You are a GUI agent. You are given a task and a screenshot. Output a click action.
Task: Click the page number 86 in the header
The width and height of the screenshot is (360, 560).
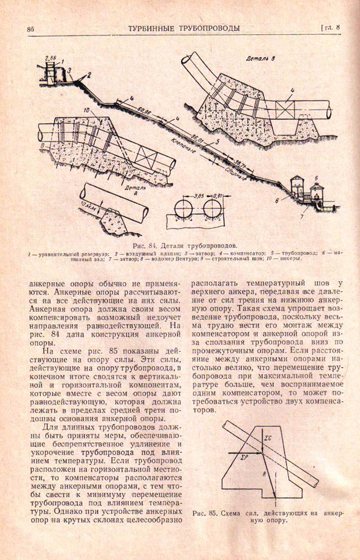pyautogui.click(x=31, y=29)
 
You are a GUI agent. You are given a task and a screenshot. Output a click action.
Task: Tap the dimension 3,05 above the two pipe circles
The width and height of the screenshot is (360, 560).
pyautogui.click(x=196, y=197)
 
